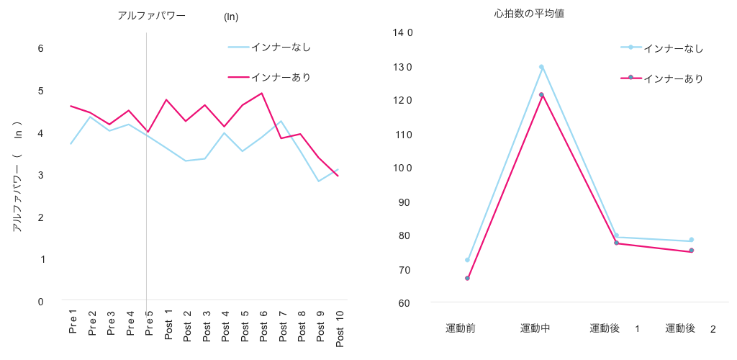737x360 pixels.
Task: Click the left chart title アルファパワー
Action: [151, 16]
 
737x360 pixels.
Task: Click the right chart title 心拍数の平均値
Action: [529, 14]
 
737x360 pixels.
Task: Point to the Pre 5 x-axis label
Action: [149, 323]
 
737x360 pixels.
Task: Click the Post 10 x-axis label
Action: [339, 328]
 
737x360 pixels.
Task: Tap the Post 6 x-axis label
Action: [263, 325]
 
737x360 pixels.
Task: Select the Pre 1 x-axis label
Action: [73, 322]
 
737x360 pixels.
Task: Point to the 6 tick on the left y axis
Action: [41, 48]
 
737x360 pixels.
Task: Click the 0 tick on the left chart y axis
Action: [41, 302]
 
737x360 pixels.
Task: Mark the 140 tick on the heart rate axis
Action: [402, 32]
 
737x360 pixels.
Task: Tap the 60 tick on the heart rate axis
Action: [404, 303]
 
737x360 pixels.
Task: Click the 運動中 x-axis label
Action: [535, 328]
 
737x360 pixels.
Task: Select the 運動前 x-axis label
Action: [461, 328]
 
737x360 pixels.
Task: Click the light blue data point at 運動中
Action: [541, 67]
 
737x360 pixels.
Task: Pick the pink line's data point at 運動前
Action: [467, 278]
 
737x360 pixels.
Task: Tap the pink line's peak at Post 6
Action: [262, 93]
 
